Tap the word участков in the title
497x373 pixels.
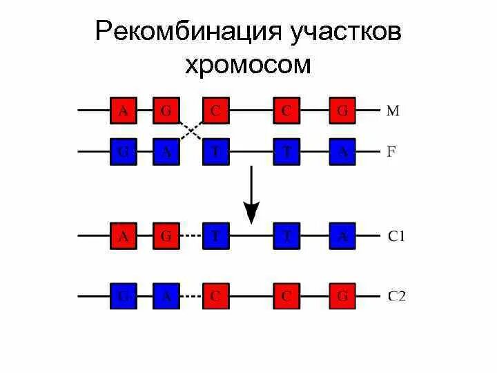(x=342, y=32)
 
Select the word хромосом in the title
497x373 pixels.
(x=248, y=65)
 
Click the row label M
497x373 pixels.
(x=392, y=111)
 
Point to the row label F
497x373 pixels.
(x=391, y=152)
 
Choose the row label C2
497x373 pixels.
(x=397, y=296)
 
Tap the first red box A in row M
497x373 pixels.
(x=124, y=111)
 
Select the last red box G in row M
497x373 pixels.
(x=342, y=111)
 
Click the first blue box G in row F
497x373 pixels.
(x=124, y=152)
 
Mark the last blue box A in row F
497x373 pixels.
(x=342, y=152)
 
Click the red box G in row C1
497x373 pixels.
(x=166, y=236)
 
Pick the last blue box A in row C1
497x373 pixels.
(x=342, y=236)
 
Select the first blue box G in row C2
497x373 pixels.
(x=124, y=296)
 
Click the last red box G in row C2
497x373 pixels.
(x=342, y=296)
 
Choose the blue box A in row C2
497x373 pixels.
(x=166, y=296)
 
